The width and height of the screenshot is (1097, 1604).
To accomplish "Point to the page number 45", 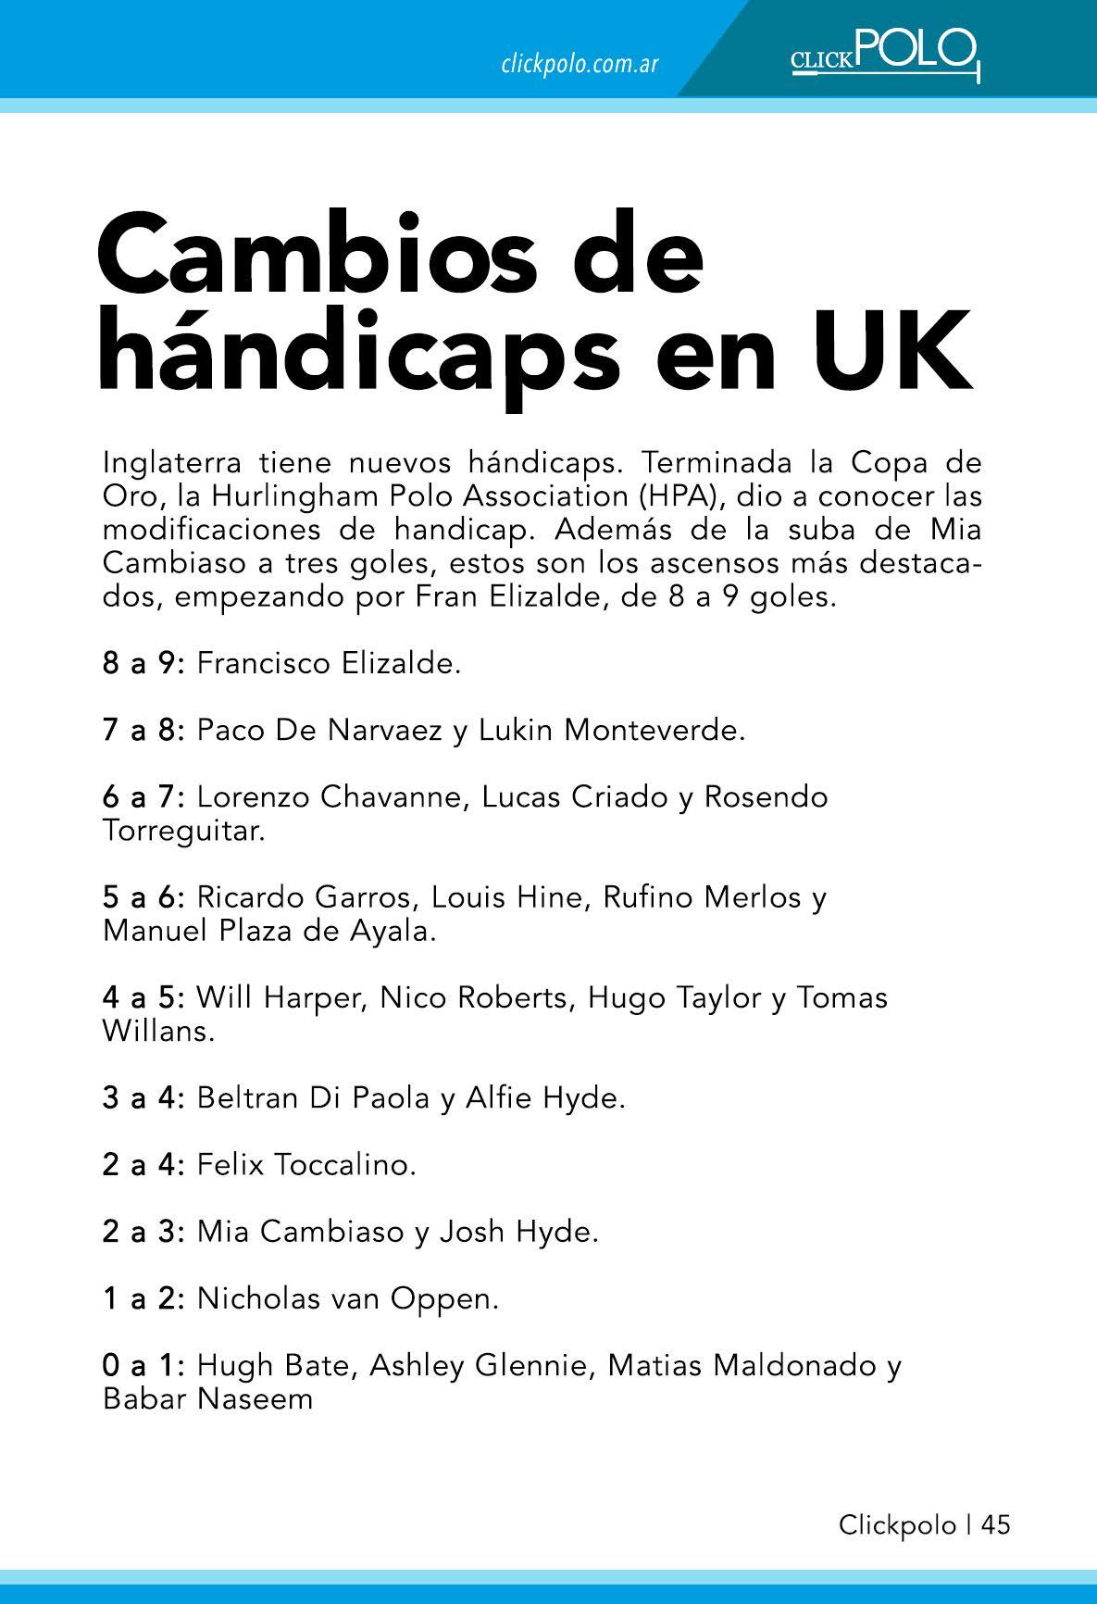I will (x=995, y=1523).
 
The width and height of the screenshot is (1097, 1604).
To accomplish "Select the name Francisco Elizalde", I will (x=328, y=664).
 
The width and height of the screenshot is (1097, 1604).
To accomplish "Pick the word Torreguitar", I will (x=183, y=831).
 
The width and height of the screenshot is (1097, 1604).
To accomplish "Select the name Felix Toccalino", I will (x=305, y=1165).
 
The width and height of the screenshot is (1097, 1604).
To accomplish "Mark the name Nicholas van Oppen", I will (x=347, y=1298).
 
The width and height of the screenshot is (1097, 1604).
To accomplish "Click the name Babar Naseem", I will (x=208, y=1398).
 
